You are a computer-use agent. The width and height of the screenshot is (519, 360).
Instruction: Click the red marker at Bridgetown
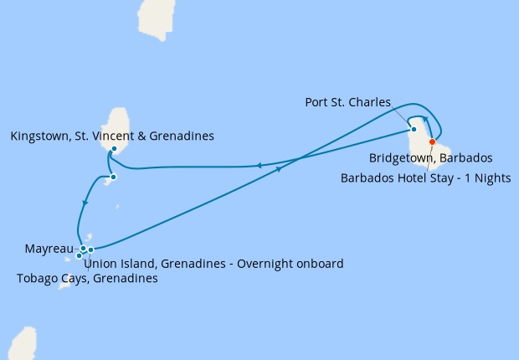pyautogui.click(x=432, y=141)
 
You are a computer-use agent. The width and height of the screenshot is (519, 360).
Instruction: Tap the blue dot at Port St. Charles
pyautogui.click(x=414, y=129)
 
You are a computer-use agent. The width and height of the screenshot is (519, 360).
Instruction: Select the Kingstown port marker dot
pyautogui.click(x=113, y=149)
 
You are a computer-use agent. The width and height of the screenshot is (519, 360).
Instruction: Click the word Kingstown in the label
pyautogui.click(x=39, y=136)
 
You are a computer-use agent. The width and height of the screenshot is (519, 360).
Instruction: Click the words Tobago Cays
pyautogui.click(x=49, y=279)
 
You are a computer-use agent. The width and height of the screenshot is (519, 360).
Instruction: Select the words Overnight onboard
pyautogui.click(x=290, y=264)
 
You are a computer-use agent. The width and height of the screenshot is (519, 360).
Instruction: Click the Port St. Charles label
pyautogui.click(x=347, y=102)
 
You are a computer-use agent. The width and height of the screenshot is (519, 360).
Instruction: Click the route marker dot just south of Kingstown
pyautogui.click(x=113, y=177)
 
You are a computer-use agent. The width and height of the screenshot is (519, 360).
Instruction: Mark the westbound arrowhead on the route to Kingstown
pyautogui.click(x=259, y=166)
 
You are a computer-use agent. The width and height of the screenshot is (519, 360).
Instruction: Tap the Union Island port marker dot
pyautogui.click(x=90, y=249)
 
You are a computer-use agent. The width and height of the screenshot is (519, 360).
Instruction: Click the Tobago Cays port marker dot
pyautogui.click(x=79, y=255)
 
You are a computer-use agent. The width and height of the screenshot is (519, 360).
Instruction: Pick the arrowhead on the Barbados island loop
pyautogui.click(x=425, y=120)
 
